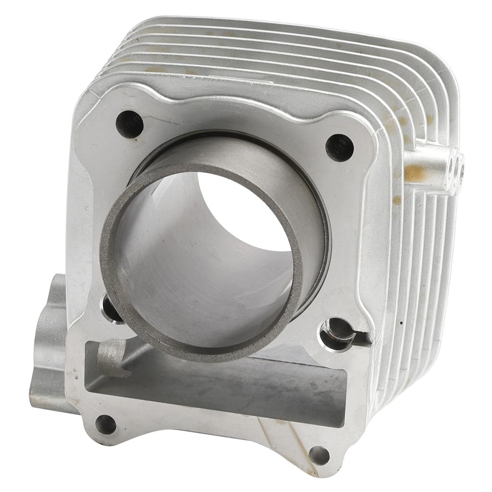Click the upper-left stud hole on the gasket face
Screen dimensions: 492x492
tap(129, 124)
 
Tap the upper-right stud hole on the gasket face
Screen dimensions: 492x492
tap(339, 148)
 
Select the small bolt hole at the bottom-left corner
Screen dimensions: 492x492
tap(106, 424)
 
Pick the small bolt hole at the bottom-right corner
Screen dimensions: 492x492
tap(319, 455)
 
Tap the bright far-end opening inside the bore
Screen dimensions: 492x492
tap(245, 211)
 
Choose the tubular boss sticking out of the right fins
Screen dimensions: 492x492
tap(432, 166)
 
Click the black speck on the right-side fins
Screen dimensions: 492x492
tap(400, 323)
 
